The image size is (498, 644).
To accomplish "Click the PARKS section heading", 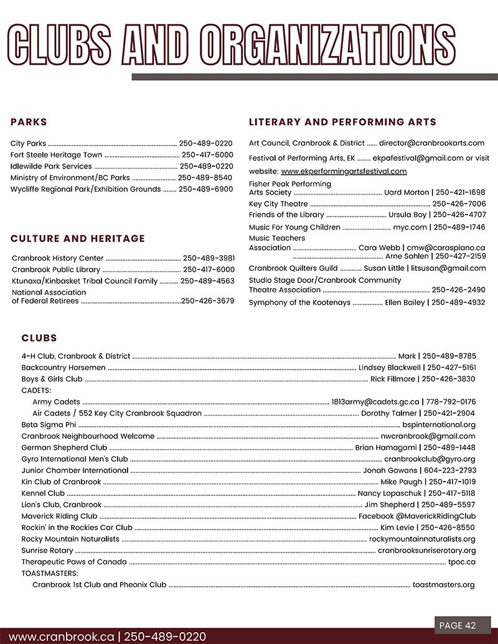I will click(x=29, y=122).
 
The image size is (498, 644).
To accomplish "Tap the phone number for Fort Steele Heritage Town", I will click(x=207, y=155).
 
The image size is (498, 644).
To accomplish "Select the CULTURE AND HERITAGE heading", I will click(x=78, y=238).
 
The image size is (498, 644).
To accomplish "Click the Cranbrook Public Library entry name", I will click(x=56, y=269).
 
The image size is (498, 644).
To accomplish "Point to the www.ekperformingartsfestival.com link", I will click(x=344, y=171).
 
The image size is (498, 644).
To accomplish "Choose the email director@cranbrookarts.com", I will click(x=431, y=143).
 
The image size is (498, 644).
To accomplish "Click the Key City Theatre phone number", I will click(x=459, y=204).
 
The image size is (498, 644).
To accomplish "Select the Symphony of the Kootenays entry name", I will click(x=299, y=303).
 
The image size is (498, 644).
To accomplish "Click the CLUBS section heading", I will click(x=39, y=338).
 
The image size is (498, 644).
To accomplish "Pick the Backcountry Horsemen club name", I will click(x=63, y=368).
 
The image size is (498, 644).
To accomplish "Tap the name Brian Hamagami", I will click(x=384, y=447).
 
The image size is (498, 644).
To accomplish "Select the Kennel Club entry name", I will click(x=43, y=493).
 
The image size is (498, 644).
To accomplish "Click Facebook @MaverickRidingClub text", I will click(x=416, y=516).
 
